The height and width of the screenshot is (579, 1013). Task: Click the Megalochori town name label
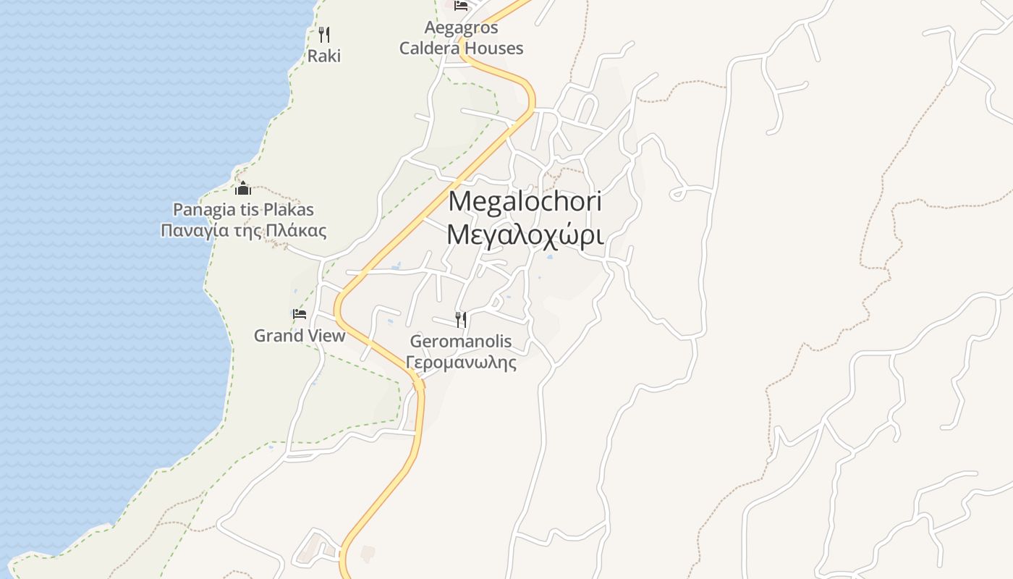coord(525,201)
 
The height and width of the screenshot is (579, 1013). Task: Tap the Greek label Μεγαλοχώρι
coord(525,234)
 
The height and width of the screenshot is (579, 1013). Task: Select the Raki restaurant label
coord(324,56)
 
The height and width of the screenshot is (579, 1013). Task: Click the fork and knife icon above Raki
coord(324,34)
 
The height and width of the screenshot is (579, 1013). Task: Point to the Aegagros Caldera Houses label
coord(461,38)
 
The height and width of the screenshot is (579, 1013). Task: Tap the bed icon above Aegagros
coord(461,6)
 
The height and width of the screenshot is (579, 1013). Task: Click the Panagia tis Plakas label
coord(243,210)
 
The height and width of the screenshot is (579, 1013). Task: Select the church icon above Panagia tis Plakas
coord(243,189)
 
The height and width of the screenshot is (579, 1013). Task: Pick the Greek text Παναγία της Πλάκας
coord(243,231)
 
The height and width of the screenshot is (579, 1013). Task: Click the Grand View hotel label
coord(299,336)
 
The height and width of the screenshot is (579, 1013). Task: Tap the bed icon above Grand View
coord(300,314)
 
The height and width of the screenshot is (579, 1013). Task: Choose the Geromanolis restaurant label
coord(461,341)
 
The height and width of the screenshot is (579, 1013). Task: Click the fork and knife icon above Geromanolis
coord(461,319)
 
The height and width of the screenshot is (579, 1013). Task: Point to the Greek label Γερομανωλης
coord(461,362)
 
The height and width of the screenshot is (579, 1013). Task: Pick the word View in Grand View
coord(326,336)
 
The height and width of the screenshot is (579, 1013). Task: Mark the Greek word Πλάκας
coord(298,231)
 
